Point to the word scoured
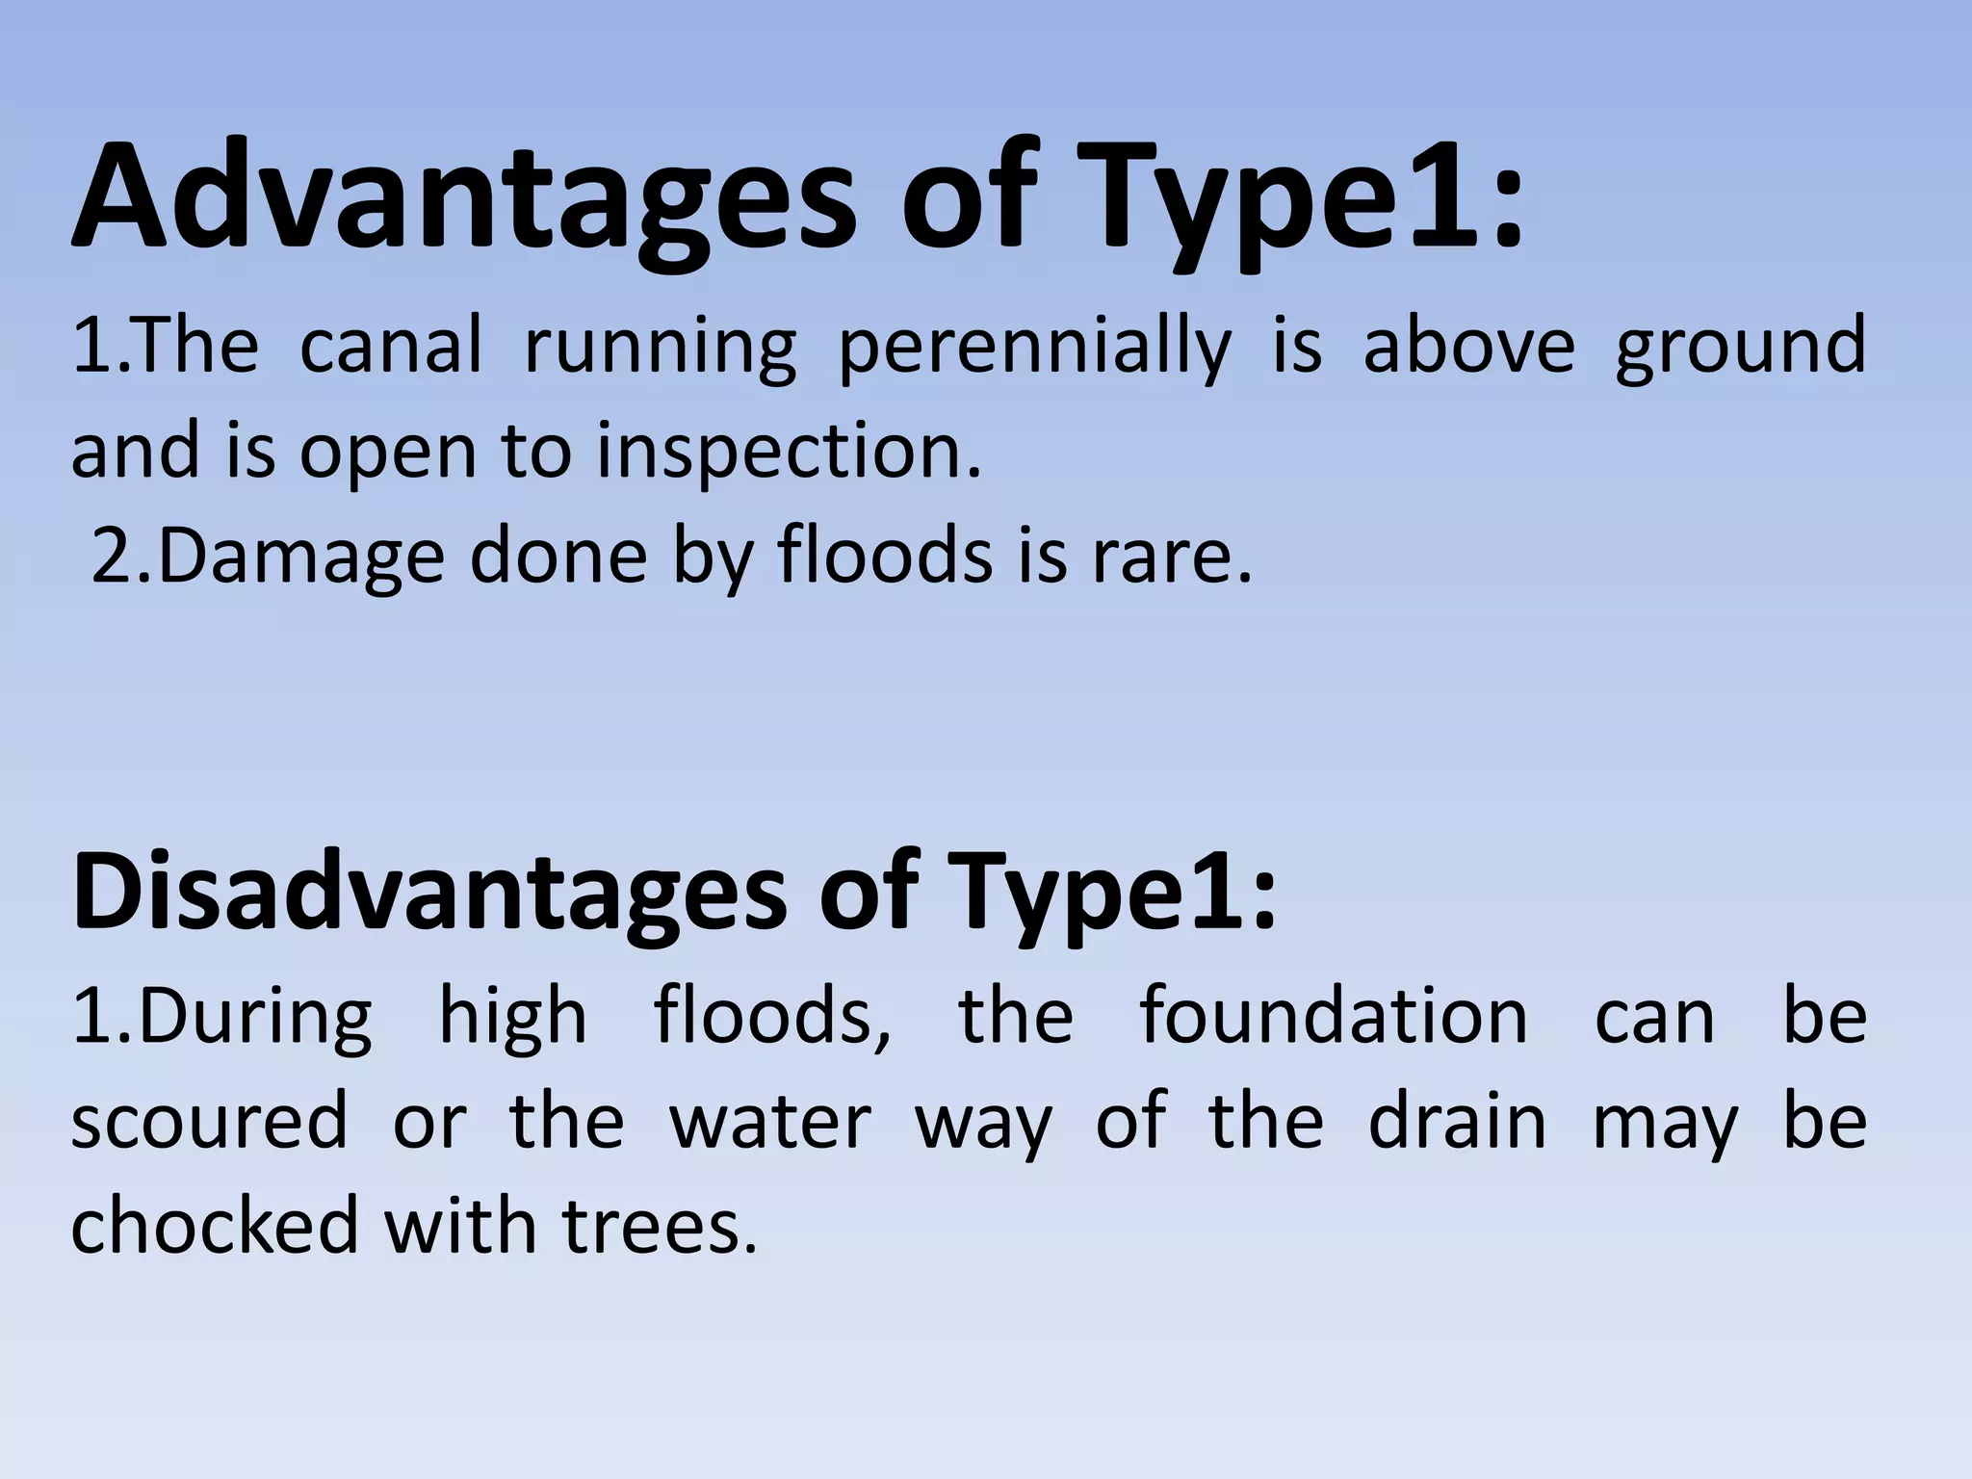click(208, 1121)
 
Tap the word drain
click(1457, 1121)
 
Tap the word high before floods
click(512, 1019)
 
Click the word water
click(770, 1121)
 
